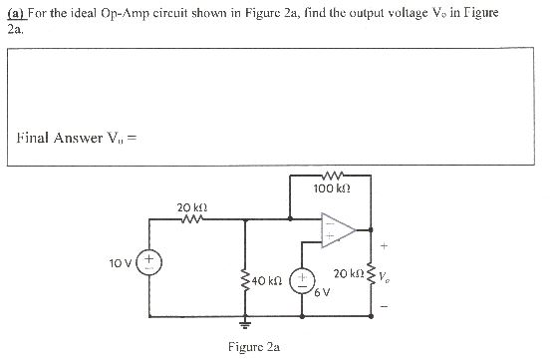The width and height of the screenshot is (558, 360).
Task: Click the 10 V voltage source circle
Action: pos(151,265)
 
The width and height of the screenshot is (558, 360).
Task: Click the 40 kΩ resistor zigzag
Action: pos(245,283)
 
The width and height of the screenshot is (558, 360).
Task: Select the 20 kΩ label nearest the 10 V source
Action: pos(191,207)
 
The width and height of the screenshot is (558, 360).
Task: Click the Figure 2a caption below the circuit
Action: pos(253,348)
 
